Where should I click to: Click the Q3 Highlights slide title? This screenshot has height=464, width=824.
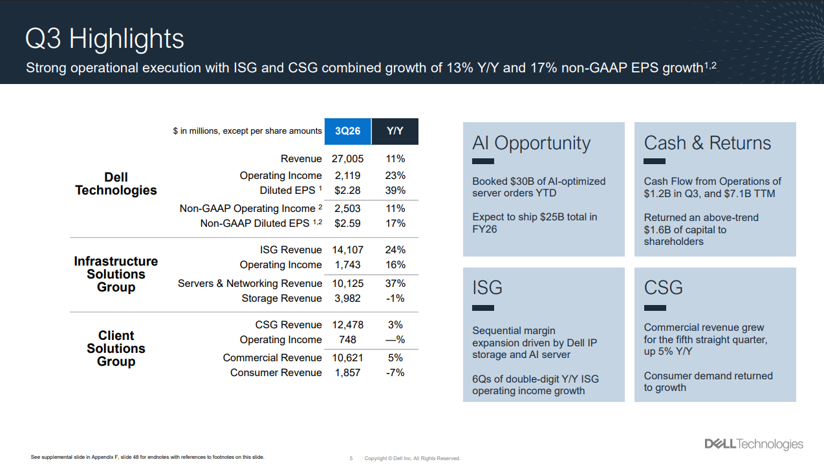click(104, 39)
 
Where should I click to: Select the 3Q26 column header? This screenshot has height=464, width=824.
click(348, 131)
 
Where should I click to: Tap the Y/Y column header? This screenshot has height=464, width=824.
click(395, 131)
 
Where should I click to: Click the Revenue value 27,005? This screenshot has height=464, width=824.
click(348, 159)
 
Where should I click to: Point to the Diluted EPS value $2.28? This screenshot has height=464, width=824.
click(348, 191)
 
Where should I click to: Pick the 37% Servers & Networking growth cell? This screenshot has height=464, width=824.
click(395, 284)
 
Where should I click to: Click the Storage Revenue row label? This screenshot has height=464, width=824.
click(281, 299)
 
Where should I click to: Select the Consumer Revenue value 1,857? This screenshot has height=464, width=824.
click(348, 373)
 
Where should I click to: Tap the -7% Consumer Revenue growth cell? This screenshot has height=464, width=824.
click(395, 373)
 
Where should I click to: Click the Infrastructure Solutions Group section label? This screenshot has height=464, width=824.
click(116, 274)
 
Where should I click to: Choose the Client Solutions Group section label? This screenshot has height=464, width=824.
click(116, 348)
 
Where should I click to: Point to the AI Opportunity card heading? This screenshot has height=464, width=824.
click(531, 143)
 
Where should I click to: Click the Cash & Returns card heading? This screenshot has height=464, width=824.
click(707, 143)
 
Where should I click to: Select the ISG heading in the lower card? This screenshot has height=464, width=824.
click(487, 288)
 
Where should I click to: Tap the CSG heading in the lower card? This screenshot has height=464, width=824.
click(663, 288)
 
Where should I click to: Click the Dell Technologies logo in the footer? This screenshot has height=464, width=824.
click(754, 444)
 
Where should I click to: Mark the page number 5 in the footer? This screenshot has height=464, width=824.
click(351, 458)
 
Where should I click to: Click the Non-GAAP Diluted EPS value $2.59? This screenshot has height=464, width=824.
click(348, 224)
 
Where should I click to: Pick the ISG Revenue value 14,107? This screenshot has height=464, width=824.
click(348, 250)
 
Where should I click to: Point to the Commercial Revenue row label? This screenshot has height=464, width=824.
click(272, 358)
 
